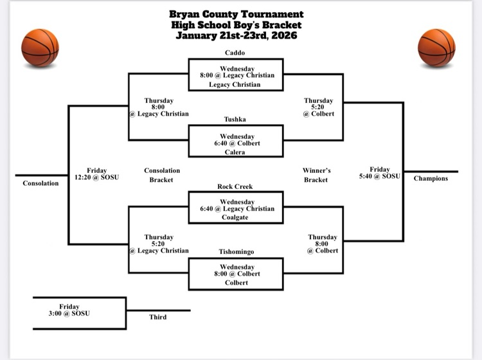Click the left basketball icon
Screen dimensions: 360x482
point(40,48)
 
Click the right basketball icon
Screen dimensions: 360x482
point(436,48)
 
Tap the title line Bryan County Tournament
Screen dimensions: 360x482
point(237,14)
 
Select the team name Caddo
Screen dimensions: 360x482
point(235,52)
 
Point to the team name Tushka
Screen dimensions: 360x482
point(235,119)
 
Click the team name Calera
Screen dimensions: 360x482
point(235,152)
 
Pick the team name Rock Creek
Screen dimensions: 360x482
point(235,186)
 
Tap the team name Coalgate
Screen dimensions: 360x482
point(235,217)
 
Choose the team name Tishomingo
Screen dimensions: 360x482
point(235,251)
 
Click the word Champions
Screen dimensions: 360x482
point(431,178)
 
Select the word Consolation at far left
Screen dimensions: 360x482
point(40,183)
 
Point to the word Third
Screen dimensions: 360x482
point(158,317)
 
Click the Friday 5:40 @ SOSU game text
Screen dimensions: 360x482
point(380,173)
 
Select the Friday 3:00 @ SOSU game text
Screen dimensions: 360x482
point(69,310)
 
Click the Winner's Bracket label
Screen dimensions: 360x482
point(316,175)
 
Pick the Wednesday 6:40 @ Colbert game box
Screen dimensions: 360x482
point(235,140)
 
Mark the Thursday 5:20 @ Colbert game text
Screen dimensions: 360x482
point(319,107)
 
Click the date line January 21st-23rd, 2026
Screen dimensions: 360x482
point(237,35)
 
